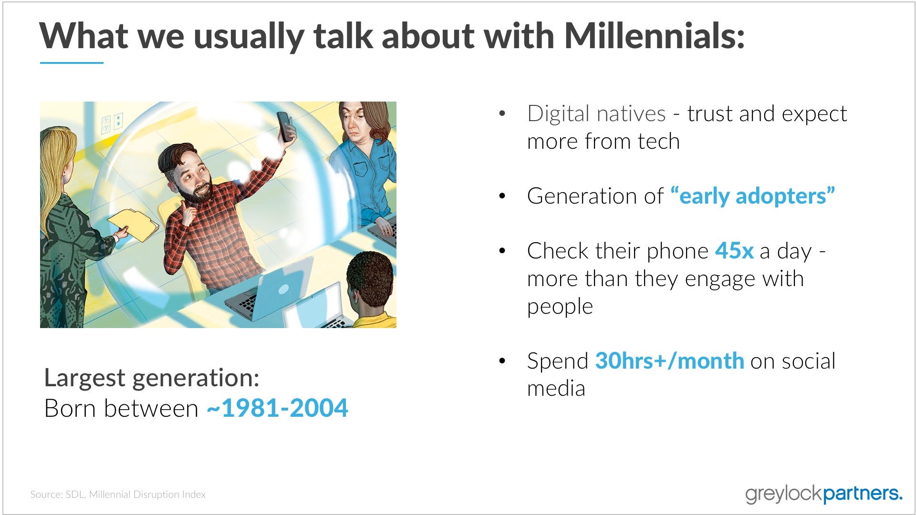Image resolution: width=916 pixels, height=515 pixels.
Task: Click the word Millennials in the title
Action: tap(654, 36)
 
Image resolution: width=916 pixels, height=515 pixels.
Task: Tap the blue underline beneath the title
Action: tap(72, 62)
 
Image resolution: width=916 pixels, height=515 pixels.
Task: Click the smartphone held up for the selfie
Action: tap(285, 126)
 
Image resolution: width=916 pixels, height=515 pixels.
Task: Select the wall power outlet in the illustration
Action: tap(112, 123)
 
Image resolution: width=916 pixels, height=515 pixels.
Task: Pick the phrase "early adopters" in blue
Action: tap(753, 196)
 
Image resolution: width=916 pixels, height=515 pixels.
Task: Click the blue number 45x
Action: tap(734, 251)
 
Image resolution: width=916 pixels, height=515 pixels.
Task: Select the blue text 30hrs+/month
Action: tap(669, 361)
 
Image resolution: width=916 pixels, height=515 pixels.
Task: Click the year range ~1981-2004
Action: tap(277, 408)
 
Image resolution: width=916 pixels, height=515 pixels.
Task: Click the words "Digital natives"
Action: tap(596, 114)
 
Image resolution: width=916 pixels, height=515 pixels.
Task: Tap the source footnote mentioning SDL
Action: tap(118, 494)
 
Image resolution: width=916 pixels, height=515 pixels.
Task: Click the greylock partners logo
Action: tap(824, 494)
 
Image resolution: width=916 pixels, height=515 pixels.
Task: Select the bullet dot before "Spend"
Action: tap(501, 361)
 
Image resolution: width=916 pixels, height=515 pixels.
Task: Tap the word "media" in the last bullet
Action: tap(556, 388)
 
